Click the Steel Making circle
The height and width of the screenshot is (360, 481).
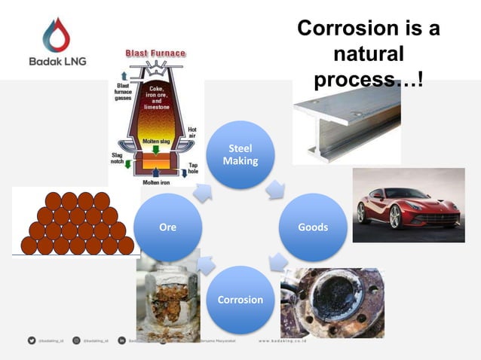click(240, 154)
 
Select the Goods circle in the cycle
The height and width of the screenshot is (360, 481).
click(313, 227)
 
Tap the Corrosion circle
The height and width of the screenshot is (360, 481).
click(240, 299)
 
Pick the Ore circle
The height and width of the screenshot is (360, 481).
click(168, 227)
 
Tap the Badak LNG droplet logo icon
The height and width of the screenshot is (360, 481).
click(56, 35)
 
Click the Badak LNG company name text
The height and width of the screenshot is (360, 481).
click(56, 62)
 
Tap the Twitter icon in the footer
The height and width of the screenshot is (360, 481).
click(32, 341)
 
